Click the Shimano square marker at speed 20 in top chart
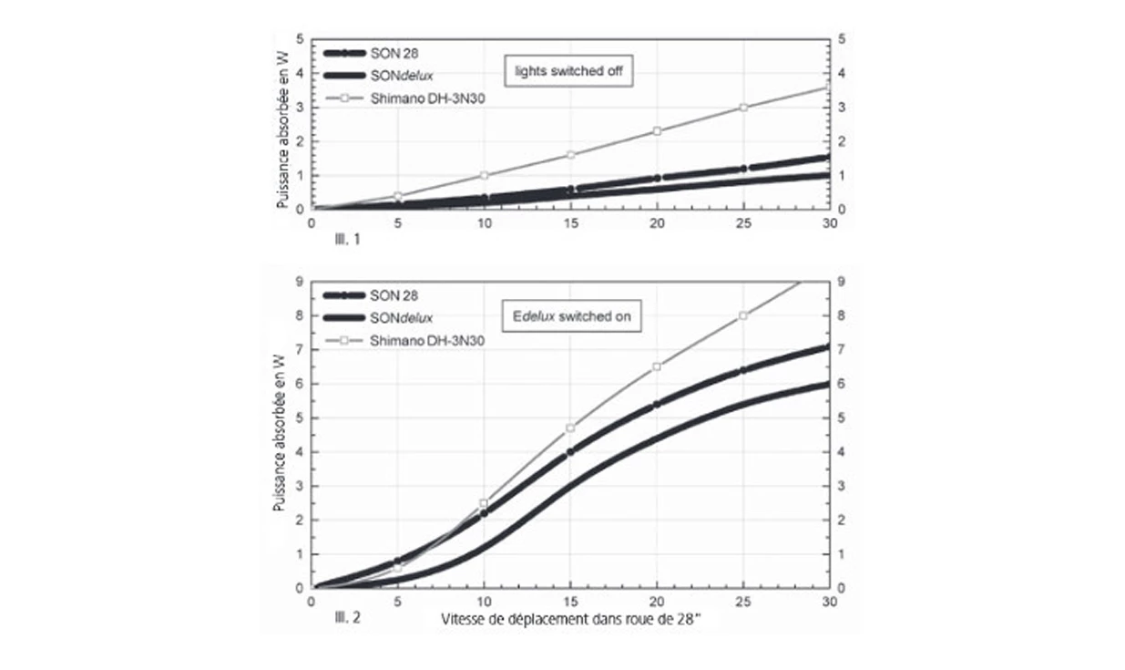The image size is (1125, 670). click(657, 130)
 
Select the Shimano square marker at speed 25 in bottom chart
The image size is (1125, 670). click(743, 315)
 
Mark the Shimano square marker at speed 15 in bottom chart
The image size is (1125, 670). click(571, 428)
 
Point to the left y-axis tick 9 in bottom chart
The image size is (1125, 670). click(301, 282)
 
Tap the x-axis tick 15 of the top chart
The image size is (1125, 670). click(571, 224)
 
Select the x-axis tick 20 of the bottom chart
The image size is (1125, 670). click(657, 603)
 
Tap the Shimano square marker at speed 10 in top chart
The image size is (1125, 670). click(485, 175)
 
